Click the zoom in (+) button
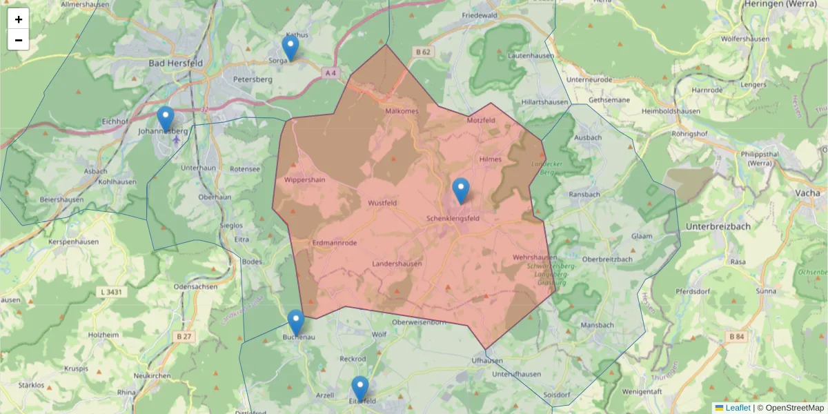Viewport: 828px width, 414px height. coord(19,19)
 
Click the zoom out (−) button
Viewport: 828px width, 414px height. coord(19,40)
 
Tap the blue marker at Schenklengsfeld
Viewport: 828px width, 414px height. coord(460,190)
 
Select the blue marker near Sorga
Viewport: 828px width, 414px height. coord(290,48)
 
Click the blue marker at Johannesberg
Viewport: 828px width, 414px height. coord(166,118)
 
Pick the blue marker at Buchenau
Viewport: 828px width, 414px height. coord(296,322)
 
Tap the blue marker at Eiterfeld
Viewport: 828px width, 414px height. coord(359,388)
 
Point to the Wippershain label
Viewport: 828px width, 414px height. coord(304,179)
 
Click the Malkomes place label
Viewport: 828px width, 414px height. coord(402,111)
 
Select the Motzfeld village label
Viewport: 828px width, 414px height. coord(481,120)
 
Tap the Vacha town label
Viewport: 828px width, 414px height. coord(807,193)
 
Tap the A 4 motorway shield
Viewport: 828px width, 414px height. coord(331,72)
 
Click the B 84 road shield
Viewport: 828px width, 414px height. coord(736,336)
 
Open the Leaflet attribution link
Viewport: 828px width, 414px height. coord(738,408)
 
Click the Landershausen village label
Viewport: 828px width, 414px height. coord(397,264)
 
